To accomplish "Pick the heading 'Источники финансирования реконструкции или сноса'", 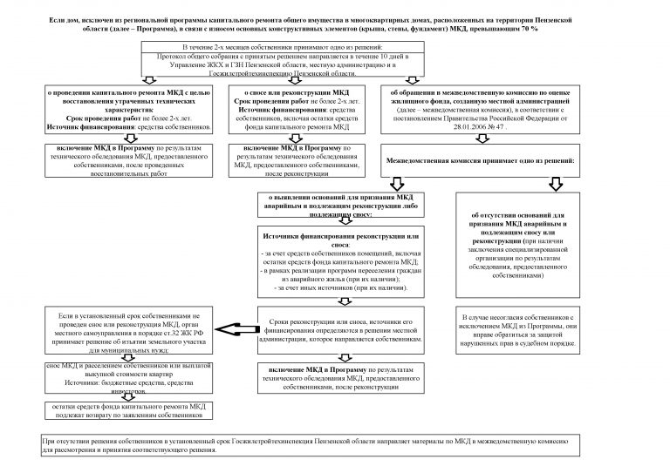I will pyautogui.click(x=340, y=237).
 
